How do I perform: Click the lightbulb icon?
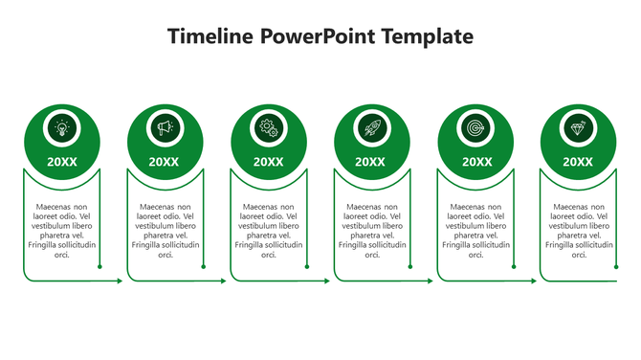(62, 127)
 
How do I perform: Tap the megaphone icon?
(166, 127)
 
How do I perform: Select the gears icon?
(269, 127)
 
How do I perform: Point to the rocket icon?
(371, 127)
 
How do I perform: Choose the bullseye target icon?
(474, 127)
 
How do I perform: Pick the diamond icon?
(577, 127)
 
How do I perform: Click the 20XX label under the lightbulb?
(62, 162)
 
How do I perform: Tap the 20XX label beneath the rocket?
(371, 162)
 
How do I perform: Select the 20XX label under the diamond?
(577, 162)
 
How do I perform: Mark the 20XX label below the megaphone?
(166, 162)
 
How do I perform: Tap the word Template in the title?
(428, 37)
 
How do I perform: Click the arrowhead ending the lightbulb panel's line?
(120, 281)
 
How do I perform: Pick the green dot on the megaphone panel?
(204, 267)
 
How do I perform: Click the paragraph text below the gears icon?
(269, 231)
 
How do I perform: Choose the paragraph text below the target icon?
(475, 231)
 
